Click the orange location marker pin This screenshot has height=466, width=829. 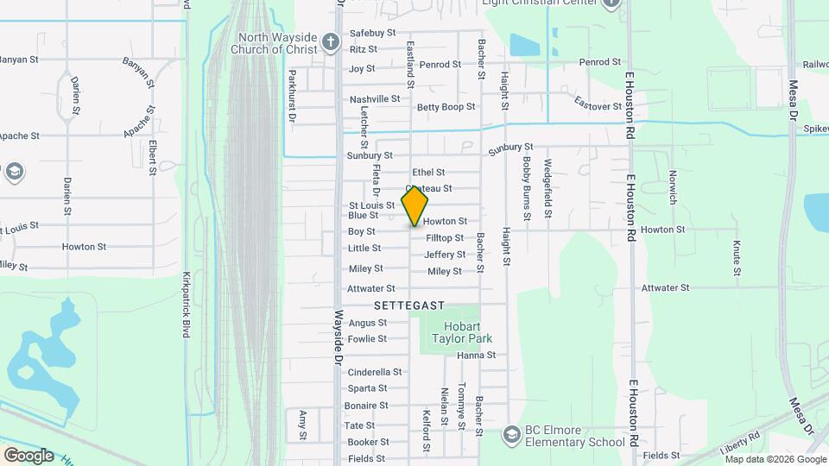[415, 205]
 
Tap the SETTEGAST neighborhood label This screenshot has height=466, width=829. [409, 305]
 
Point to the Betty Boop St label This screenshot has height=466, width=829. [446, 107]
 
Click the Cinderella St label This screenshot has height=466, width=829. [374, 372]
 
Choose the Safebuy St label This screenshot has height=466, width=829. [372, 33]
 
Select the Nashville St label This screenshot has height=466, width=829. [375, 99]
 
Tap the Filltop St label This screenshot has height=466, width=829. [445, 237]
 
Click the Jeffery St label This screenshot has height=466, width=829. [445, 255]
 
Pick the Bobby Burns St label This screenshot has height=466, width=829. [525, 184]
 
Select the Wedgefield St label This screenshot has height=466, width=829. [547, 187]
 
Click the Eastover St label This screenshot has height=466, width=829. [598, 106]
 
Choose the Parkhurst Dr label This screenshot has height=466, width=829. [293, 97]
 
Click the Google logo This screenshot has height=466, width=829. [28, 455]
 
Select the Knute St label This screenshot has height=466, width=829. [737, 258]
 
